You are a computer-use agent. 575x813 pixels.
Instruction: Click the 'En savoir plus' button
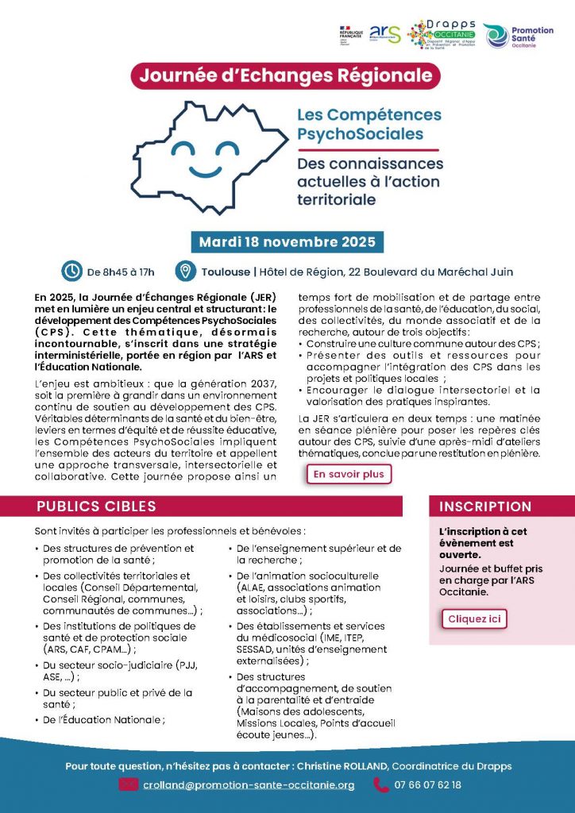(x=348, y=474)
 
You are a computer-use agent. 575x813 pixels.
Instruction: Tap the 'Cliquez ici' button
(x=473, y=618)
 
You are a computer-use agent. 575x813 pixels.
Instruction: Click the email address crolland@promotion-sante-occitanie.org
(x=249, y=785)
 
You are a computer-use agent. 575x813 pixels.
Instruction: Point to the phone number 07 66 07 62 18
(x=427, y=785)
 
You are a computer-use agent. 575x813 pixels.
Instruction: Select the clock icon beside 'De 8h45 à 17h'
(x=72, y=271)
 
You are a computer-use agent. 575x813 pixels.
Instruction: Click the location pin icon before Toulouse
(x=185, y=271)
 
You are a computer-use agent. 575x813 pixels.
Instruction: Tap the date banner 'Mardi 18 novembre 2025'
(x=287, y=241)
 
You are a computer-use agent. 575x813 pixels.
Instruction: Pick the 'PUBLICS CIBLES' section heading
(x=96, y=507)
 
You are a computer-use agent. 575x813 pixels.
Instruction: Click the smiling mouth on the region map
(x=206, y=171)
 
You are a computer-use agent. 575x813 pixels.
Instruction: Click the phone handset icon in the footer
(x=380, y=785)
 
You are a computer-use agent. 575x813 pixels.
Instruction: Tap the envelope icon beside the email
(x=129, y=785)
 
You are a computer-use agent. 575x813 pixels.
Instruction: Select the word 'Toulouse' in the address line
(x=226, y=272)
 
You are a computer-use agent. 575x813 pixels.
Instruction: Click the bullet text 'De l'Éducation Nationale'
(x=104, y=720)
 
